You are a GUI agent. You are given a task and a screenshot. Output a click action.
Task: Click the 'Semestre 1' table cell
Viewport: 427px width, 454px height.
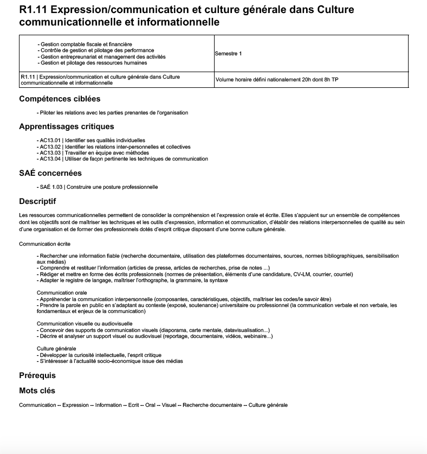[x=228, y=54]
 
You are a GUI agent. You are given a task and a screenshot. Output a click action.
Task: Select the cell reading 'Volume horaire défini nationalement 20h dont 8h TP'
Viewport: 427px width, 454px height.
[x=277, y=80]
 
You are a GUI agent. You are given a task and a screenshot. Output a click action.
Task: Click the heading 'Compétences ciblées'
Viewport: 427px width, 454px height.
[x=60, y=99]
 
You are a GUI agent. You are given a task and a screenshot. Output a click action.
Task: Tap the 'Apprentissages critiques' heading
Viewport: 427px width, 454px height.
[x=67, y=126]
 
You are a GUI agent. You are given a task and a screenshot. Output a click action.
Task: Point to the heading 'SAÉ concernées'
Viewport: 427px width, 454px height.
[x=50, y=173]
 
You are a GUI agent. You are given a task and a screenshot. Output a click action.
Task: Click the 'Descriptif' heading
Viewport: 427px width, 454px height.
[x=37, y=201]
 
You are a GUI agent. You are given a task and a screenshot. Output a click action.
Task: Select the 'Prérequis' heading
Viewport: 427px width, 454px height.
[x=37, y=375]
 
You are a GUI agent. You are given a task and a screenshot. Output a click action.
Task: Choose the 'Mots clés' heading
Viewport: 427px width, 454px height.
[x=37, y=391]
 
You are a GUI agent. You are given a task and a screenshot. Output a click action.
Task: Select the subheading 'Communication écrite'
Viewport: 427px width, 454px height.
[x=44, y=244]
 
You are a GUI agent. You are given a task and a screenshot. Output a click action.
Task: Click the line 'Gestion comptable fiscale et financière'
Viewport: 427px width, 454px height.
[x=87, y=44]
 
